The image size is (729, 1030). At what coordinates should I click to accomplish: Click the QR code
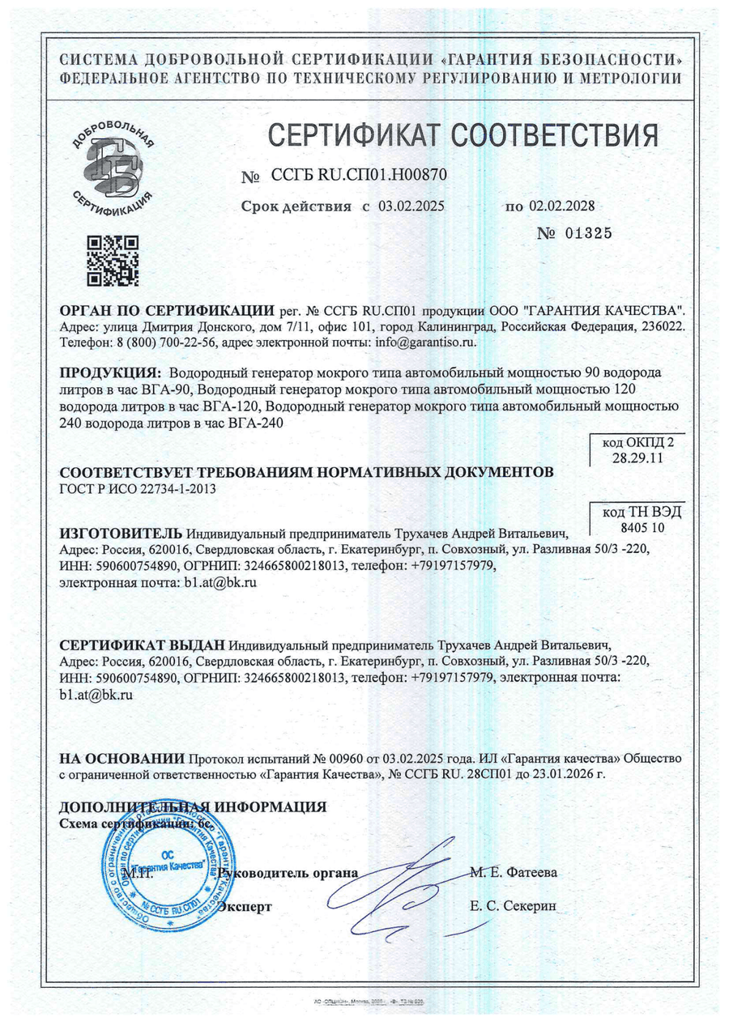coord(113,261)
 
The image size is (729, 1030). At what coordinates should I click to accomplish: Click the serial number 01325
coord(580,234)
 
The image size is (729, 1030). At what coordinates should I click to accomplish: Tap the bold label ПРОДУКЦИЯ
coord(109,373)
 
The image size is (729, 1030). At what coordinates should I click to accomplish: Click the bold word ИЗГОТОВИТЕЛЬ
coord(122,534)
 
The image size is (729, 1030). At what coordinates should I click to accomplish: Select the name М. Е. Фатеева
coord(513,873)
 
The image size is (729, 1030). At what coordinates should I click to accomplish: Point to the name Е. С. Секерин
coord(513,906)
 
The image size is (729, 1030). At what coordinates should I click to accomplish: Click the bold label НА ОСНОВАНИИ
coord(122,759)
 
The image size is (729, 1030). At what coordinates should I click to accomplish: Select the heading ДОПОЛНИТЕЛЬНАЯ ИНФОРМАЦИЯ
coord(194,807)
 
